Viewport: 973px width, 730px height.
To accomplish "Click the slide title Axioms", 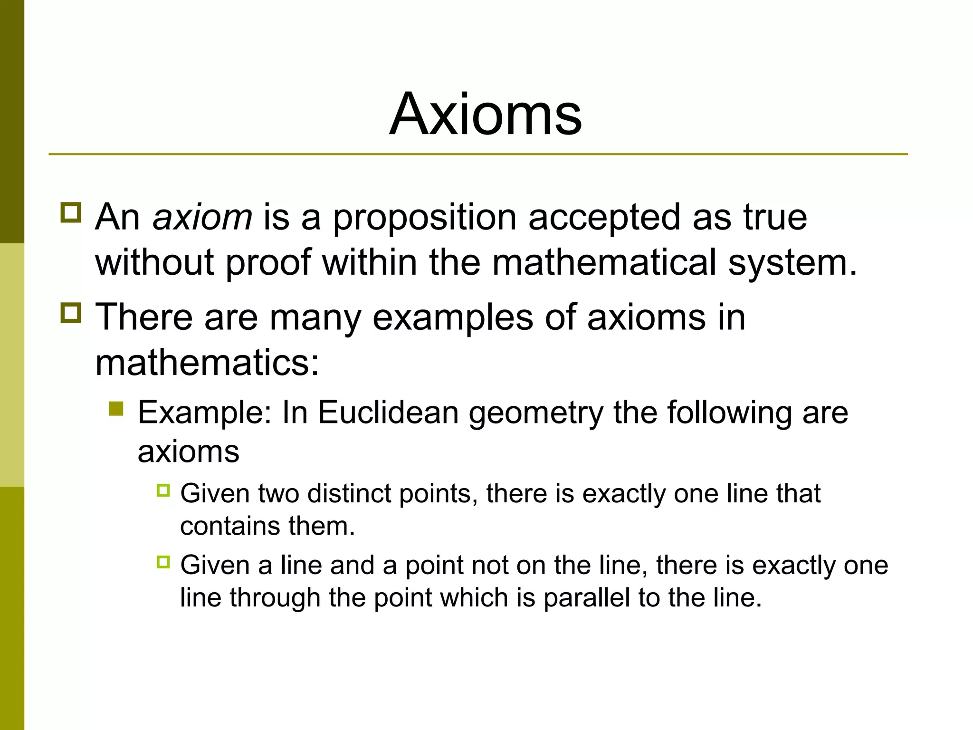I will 486,115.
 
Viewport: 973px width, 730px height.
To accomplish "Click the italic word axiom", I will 202,218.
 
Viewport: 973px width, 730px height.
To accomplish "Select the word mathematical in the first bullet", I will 604,262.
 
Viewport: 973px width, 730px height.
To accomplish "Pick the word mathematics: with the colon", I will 207,363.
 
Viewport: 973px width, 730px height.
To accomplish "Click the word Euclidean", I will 388,412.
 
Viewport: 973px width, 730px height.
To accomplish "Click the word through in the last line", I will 275,598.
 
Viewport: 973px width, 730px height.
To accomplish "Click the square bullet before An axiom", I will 71,212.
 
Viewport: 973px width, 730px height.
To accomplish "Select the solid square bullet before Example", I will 116,409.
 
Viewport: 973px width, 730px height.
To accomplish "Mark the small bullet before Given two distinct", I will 163,490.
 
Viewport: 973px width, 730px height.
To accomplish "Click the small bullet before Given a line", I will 163,562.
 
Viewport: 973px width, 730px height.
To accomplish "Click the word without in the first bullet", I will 155,262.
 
